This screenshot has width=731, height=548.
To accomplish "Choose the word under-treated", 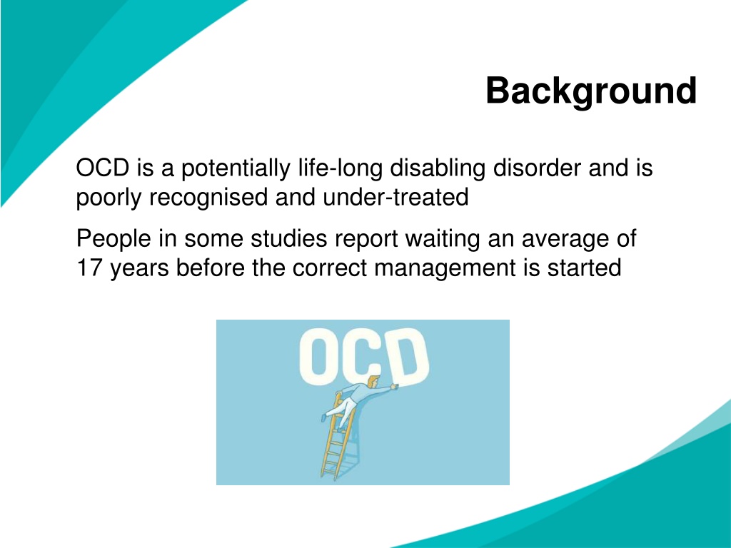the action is tap(395, 197).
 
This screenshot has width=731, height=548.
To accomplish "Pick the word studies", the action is tap(288, 239).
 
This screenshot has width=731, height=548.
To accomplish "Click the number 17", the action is tap(89, 268).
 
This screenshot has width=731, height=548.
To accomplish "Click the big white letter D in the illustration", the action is tap(409, 356).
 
